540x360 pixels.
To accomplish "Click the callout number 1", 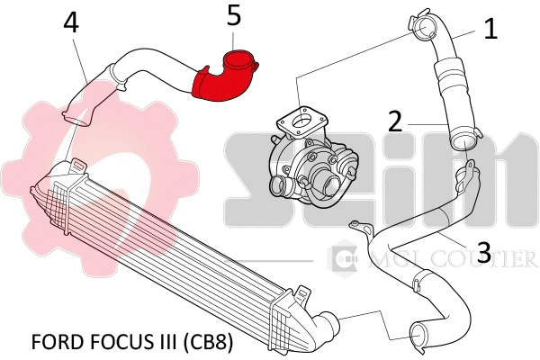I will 490,29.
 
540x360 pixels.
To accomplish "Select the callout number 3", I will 483,252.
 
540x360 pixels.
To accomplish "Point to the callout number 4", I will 71,22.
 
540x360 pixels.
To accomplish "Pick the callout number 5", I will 234,14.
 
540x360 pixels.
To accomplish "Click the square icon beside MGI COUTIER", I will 345,259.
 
